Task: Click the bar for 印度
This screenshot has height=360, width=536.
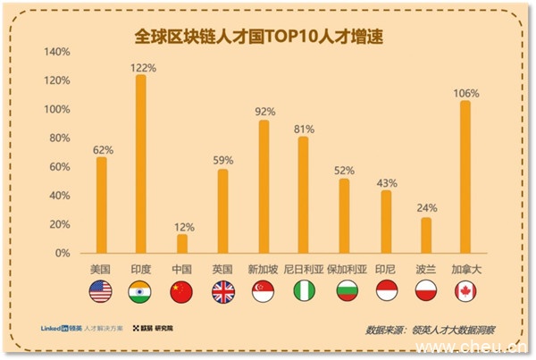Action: [141, 164]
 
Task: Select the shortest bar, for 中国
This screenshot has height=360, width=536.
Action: [182, 244]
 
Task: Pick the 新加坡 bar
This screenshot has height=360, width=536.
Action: [264, 187]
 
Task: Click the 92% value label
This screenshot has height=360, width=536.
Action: [264, 112]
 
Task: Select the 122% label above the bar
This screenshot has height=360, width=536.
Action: [142, 67]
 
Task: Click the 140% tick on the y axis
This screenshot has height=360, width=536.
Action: [57, 52]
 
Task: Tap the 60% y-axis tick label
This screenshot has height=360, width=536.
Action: [60, 167]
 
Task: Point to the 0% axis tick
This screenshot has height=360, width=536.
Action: [63, 253]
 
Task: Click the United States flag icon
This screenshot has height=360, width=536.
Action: [100, 290]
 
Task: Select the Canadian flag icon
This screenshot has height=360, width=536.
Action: [465, 290]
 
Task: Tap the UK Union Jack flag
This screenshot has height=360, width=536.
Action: [222, 290]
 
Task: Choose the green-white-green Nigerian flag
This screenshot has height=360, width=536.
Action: [304, 290]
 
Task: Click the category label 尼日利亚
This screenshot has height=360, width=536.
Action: [303, 269]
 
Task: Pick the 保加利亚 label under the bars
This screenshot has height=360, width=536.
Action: [344, 269]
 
